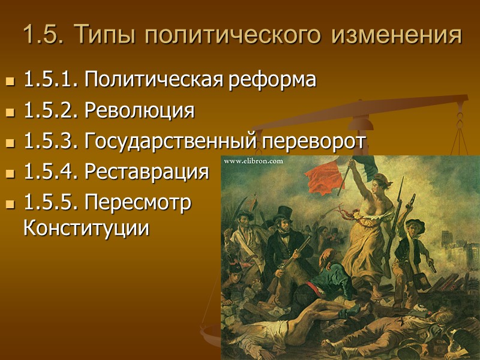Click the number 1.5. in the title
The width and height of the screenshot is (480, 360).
coord(44,36)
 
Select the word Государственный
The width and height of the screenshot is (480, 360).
coord(170,142)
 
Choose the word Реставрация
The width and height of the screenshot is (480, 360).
coord(147,173)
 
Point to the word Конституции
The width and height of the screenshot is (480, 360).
coord(86,228)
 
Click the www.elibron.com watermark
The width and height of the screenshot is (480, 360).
coord(253,161)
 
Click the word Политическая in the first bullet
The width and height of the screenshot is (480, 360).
coord(154,80)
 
